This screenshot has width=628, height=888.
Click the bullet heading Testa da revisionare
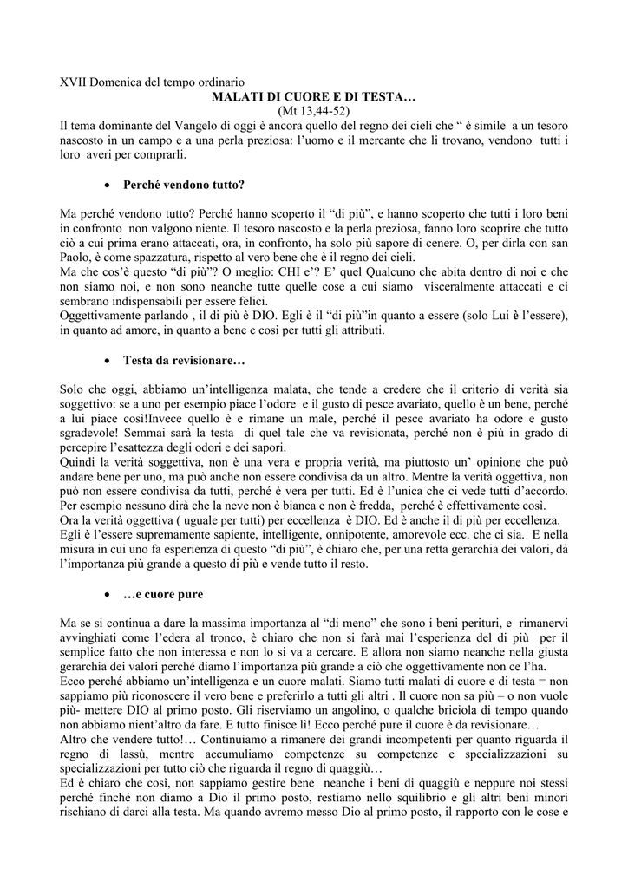click(173, 359)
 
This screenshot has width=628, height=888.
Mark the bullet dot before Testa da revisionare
click(105, 360)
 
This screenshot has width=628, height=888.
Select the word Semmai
click(164, 432)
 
